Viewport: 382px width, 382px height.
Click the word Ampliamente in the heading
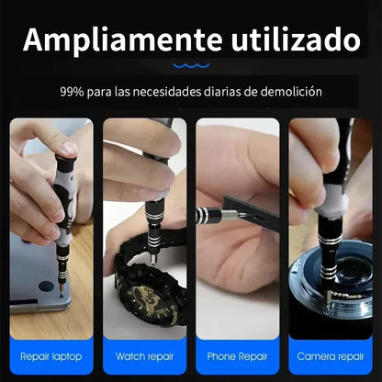click(x=122, y=40)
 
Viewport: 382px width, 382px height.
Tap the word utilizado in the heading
click(x=296, y=39)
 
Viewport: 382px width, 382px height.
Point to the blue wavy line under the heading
click(x=191, y=65)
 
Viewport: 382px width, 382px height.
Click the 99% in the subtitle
click(x=72, y=92)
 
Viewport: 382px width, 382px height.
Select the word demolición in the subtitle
click(x=291, y=92)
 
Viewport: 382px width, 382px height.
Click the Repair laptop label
click(x=51, y=357)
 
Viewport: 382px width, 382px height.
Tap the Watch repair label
click(x=145, y=356)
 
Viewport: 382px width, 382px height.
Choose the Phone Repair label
click(x=237, y=357)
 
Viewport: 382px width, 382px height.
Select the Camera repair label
click(x=331, y=357)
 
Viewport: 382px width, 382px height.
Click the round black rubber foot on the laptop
click(x=46, y=286)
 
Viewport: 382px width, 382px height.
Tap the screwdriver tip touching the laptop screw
click(x=62, y=293)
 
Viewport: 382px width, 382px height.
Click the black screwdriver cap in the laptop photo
click(x=65, y=162)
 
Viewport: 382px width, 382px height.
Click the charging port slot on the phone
click(x=257, y=218)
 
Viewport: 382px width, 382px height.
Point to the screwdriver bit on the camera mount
click(x=328, y=300)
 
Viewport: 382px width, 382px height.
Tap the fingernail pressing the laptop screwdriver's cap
click(x=70, y=148)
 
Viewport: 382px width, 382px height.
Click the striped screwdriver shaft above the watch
click(x=153, y=228)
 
